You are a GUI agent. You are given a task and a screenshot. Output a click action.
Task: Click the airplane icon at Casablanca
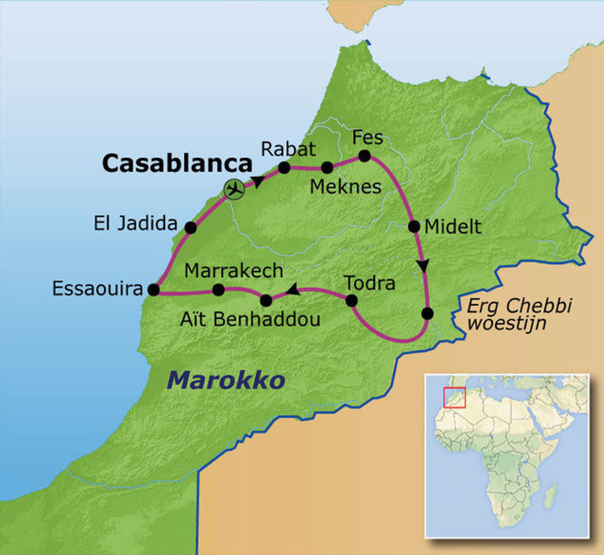click(x=235, y=189)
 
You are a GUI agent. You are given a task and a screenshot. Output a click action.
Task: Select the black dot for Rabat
click(x=284, y=168)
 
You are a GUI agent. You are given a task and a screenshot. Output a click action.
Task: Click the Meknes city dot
click(x=326, y=168)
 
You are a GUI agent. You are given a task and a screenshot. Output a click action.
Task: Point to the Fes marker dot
click(x=364, y=156)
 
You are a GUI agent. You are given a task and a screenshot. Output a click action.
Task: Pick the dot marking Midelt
click(x=413, y=226)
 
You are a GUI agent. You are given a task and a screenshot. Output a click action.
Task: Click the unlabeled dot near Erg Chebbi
click(x=428, y=313)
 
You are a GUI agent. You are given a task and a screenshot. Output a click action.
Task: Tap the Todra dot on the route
click(x=351, y=300)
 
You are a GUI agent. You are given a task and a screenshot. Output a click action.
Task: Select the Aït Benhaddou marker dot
click(x=266, y=300)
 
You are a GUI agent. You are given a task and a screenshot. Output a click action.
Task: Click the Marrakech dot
click(x=218, y=290)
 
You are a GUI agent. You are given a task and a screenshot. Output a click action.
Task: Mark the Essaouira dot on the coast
click(x=153, y=290)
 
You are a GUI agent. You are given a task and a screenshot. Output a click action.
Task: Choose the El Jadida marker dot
click(x=190, y=227)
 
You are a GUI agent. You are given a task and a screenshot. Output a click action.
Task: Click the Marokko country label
click(x=226, y=380)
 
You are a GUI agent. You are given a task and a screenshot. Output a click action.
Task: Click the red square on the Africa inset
click(x=455, y=396)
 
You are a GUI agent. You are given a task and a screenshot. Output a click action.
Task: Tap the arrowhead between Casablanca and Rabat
click(x=258, y=181)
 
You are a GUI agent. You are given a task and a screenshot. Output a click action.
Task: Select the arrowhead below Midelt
click(x=423, y=266)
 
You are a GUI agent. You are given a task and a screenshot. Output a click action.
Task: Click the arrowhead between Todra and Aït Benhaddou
click(x=293, y=290)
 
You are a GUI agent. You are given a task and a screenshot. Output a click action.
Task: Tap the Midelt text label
click(x=453, y=227)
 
